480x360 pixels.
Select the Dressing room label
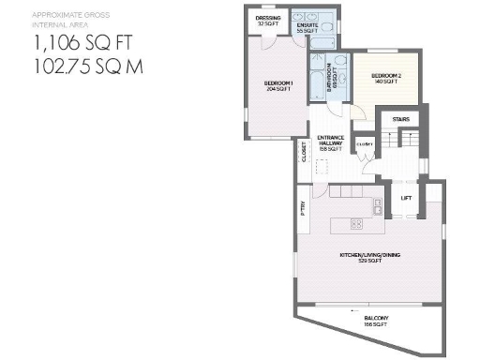tap(268, 20)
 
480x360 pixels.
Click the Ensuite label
tap(307, 28)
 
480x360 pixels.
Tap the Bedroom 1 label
tap(278, 86)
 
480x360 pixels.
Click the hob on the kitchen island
tap(357, 222)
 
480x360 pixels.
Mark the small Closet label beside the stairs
tap(367, 143)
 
